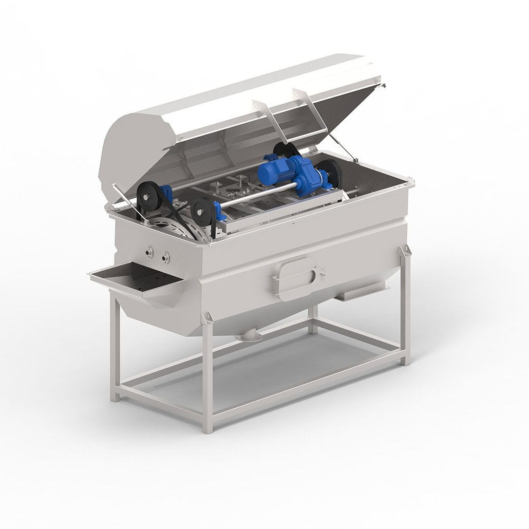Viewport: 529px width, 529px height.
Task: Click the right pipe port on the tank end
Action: coord(165,258)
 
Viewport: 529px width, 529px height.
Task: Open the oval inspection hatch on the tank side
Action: coord(298,278)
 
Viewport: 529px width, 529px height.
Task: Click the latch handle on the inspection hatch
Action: coord(323,272)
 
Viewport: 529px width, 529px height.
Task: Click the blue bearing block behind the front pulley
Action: coord(217,211)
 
